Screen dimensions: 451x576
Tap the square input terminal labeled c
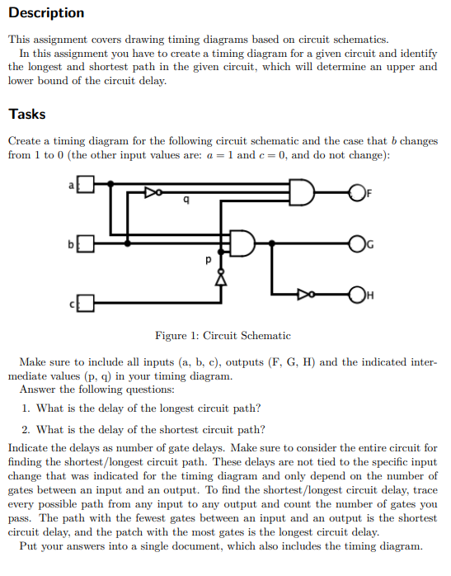87,306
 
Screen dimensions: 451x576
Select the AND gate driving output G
244,243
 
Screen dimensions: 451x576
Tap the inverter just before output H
306,294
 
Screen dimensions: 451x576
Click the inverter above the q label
151,191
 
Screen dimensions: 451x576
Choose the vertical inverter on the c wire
221,278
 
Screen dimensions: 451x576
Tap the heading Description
46,12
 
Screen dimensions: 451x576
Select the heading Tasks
27,114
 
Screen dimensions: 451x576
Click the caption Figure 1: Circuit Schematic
223,336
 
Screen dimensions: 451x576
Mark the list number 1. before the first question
27,408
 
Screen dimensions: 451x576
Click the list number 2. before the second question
27,429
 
